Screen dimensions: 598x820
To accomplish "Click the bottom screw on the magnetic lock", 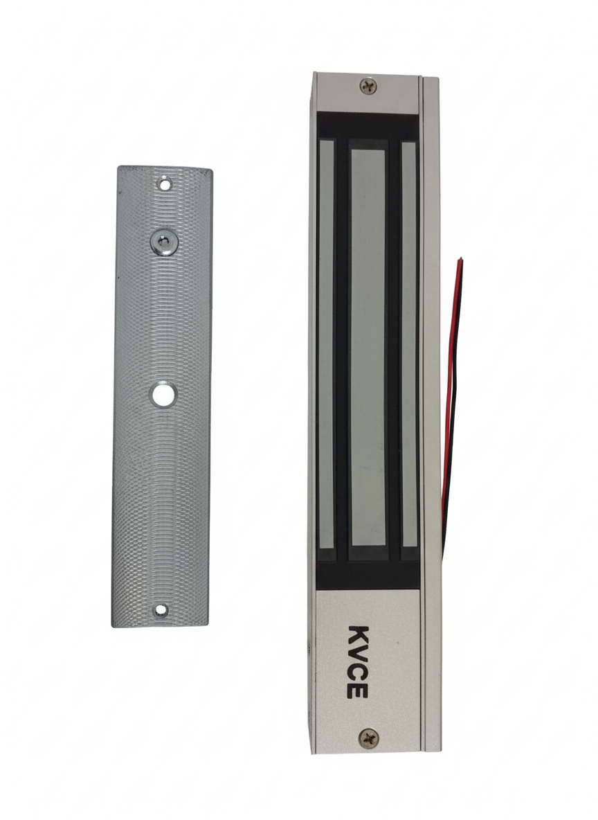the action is click(369, 738).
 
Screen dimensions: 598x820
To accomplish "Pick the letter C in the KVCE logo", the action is click(359, 672).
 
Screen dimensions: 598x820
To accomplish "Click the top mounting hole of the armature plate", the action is click(165, 184).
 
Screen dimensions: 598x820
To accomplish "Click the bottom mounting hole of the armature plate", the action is click(161, 609).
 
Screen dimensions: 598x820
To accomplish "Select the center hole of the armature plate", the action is click(163, 393).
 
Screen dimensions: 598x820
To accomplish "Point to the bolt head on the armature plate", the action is click(164, 242).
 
